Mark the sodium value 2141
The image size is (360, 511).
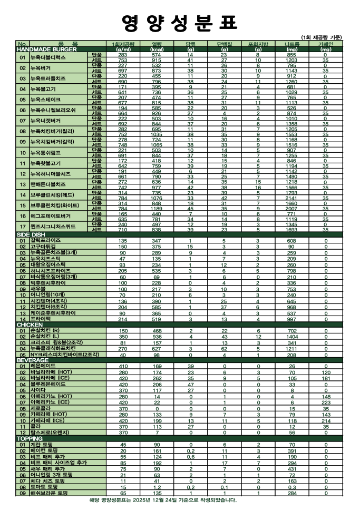[x=291, y=198]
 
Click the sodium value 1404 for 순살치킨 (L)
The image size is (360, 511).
[x=291, y=336]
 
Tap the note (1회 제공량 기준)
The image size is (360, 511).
[x=321, y=37]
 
